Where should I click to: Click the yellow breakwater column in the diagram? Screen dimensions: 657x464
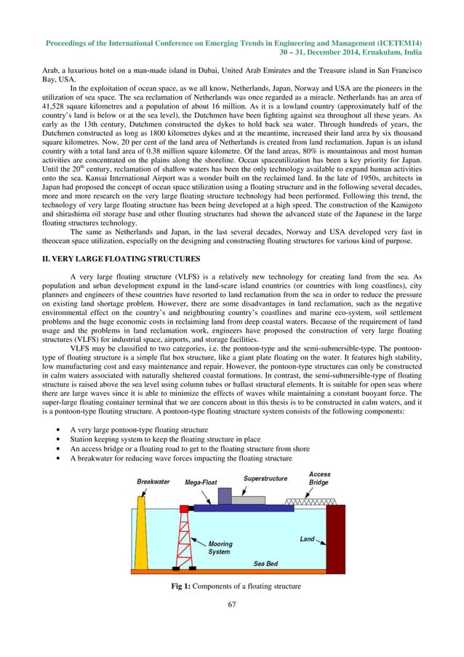(141, 535)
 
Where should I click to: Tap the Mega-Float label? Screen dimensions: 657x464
(204, 482)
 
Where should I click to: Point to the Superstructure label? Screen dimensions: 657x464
(264, 479)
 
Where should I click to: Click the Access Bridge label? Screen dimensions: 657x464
(319, 478)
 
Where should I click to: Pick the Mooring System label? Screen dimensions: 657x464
(220, 548)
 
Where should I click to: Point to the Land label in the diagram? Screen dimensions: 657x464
(308, 539)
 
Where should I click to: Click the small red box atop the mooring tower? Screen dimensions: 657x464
(184, 508)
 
